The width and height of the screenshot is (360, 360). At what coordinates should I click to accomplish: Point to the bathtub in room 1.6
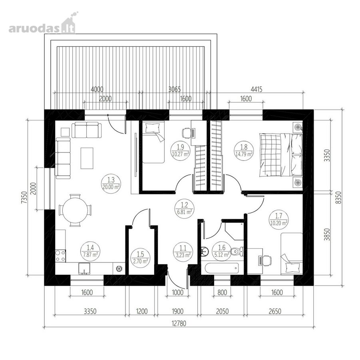tap(222, 268)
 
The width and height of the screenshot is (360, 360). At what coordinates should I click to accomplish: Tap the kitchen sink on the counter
tap(84, 268)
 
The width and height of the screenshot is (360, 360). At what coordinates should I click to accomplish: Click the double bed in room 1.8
tap(280, 155)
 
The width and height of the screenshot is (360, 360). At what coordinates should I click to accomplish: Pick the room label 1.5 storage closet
tap(140, 258)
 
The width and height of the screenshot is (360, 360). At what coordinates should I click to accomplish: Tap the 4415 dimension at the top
tap(257, 89)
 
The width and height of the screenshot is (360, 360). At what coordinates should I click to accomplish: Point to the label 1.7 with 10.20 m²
tap(279, 219)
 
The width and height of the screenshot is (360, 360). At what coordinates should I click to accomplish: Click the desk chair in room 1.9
tap(186, 133)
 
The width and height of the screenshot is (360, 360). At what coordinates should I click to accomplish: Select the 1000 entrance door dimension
tap(177, 292)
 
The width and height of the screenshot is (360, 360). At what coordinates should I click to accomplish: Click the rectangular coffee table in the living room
tap(87, 158)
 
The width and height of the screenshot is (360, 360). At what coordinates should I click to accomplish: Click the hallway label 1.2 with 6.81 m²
tap(184, 208)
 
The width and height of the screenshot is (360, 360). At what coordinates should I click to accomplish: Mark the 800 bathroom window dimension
tap(222, 292)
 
